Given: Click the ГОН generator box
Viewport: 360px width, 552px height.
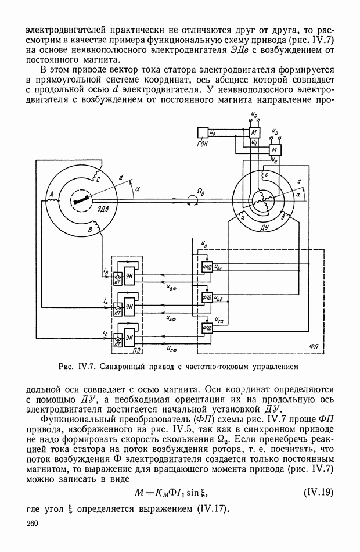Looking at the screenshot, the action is tap(203, 132).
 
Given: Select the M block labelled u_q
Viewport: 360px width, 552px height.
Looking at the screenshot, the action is tap(254, 132).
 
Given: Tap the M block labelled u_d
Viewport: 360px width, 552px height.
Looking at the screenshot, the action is tap(275, 150).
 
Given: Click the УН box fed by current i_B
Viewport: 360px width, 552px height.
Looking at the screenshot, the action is tap(130, 275).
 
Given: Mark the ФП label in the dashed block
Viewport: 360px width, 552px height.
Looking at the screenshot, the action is tap(314, 347).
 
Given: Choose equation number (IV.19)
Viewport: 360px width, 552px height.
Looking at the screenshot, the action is tap(318, 492).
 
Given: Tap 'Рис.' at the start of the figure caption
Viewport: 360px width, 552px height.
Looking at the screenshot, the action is tap(67, 367).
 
